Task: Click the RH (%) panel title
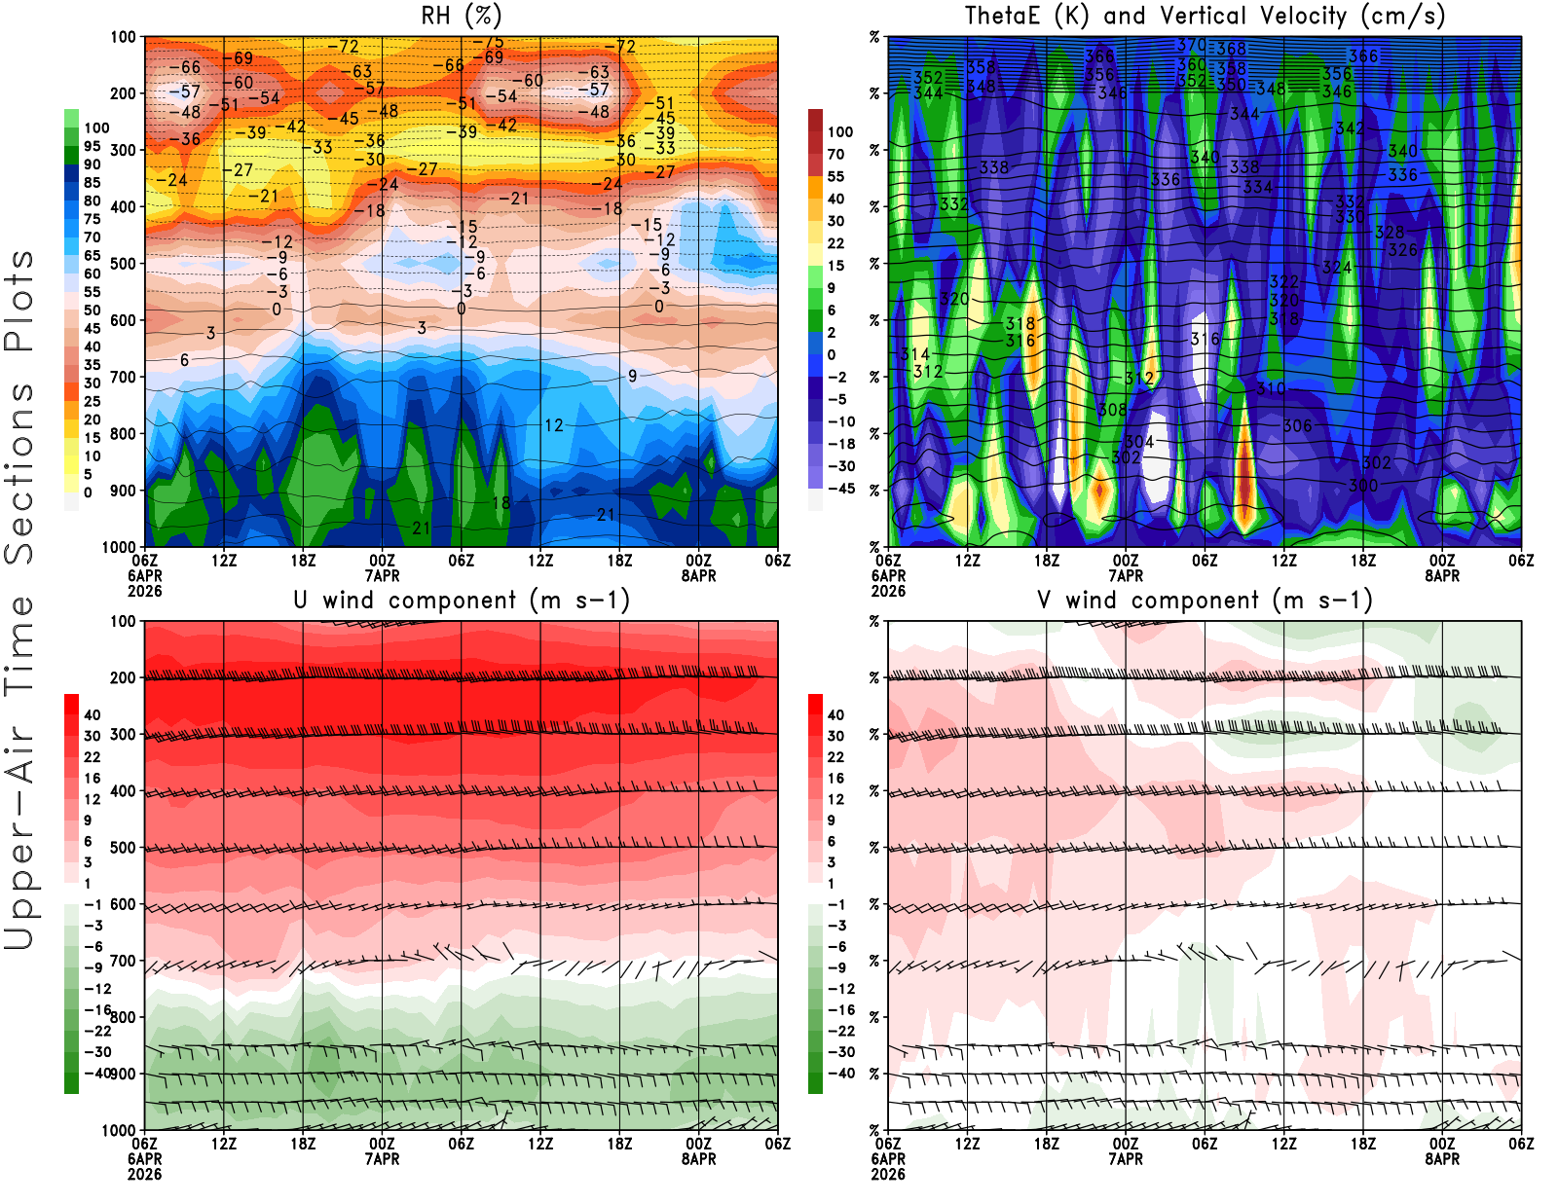[x=461, y=16]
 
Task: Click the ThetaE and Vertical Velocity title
[x=1205, y=16]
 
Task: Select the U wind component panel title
[x=461, y=600]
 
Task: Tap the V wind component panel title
[x=1205, y=600]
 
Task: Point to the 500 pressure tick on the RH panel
[x=123, y=263]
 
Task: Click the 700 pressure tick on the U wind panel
[x=123, y=961]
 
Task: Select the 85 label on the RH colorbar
[x=92, y=182]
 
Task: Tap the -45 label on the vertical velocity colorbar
[x=840, y=489]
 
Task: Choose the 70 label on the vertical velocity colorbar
[x=835, y=154]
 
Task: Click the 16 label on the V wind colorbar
[x=835, y=778]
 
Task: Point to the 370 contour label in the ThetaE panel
[x=1191, y=45]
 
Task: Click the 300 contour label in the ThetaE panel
[x=1362, y=485]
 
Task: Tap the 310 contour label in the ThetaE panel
[x=1271, y=388]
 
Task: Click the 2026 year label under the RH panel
[x=144, y=591]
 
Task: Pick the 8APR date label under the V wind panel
[x=1442, y=1159]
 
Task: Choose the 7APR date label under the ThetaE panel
[x=1126, y=575]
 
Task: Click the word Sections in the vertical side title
[x=19, y=473]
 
